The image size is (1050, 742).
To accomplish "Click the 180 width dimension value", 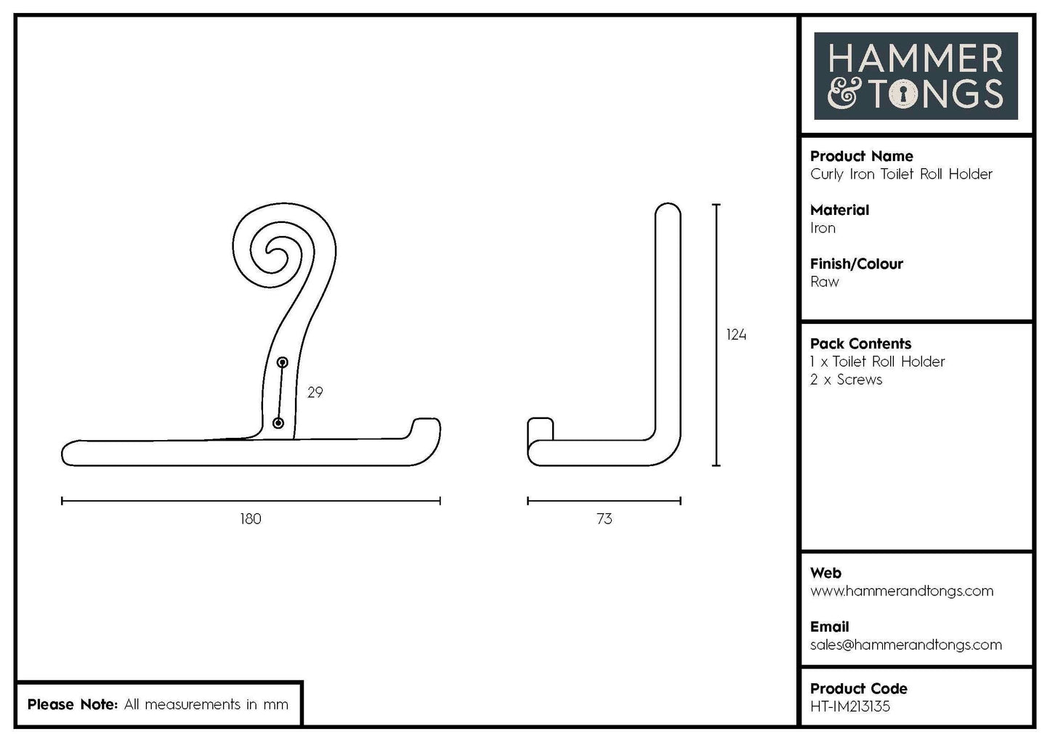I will (x=250, y=518).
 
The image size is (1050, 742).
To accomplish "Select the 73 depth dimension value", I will (x=604, y=518).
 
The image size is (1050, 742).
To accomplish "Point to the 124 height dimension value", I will (x=736, y=335).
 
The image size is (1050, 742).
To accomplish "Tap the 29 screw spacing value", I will (x=315, y=392).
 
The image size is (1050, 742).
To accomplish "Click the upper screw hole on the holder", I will (x=283, y=362).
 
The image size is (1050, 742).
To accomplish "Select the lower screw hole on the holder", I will (x=278, y=423).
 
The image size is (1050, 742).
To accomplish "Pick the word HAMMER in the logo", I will (x=916, y=58).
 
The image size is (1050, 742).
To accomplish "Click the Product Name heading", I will (x=861, y=156).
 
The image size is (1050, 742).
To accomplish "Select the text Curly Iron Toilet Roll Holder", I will (x=901, y=174).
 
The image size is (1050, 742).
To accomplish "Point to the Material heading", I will (x=839, y=210).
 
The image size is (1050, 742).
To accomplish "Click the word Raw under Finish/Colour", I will (x=824, y=282).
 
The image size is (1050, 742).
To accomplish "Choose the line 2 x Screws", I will (x=846, y=380).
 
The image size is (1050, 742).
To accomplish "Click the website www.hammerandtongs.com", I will (x=901, y=591).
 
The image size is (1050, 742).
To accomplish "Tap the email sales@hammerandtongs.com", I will (x=905, y=645).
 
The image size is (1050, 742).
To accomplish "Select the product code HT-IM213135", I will (x=849, y=706).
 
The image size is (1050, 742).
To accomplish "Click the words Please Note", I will (x=71, y=704).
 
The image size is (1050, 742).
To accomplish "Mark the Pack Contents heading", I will (x=860, y=343).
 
